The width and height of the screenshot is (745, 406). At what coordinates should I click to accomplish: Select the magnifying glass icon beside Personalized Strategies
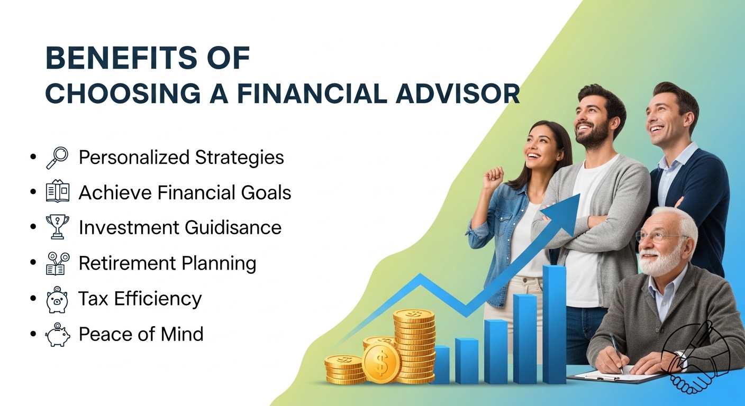[57, 158]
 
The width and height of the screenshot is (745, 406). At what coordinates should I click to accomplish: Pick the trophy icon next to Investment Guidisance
[58, 227]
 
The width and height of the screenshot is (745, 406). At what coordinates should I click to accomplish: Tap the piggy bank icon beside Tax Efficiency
[57, 300]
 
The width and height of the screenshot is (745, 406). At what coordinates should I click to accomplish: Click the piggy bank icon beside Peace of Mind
[58, 335]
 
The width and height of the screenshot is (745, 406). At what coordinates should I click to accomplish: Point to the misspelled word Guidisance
[233, 228]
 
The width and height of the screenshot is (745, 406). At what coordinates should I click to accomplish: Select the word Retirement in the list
[126, 263]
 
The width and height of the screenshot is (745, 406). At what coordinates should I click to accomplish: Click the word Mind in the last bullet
[182, 334]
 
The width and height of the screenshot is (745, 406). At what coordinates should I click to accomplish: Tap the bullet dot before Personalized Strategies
[33, 157]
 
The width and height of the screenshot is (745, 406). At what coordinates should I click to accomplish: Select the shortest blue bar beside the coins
[440, 365]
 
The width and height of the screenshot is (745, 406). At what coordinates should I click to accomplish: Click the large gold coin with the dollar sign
[381, 363]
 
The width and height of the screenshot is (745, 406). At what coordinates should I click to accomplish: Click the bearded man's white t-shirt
[589, 233]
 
